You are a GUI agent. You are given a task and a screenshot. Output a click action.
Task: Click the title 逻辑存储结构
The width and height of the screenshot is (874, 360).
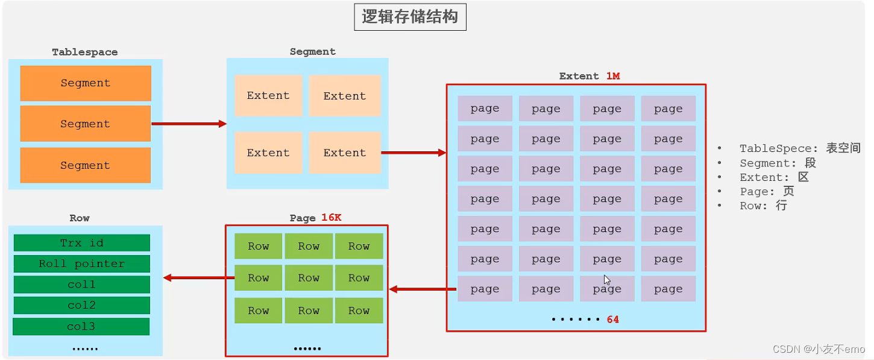[x=409, y=17]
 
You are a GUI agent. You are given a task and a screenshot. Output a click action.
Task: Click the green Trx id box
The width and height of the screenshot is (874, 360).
[x=81, y=243]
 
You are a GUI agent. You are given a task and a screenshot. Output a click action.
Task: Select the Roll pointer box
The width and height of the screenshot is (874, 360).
[x=81, y=264]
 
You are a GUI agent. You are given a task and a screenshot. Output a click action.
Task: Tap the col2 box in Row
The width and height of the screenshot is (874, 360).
[x=81, y=305]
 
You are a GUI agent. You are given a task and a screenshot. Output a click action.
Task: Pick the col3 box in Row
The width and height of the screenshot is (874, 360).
[x=81, y=326]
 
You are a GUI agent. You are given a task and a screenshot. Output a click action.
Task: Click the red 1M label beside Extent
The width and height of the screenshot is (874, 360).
[x=612, y=76]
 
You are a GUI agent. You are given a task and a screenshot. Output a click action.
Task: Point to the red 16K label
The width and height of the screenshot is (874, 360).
[x=331, y=218]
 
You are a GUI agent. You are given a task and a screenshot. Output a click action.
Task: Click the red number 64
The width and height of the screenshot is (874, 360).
[x=612, y=320]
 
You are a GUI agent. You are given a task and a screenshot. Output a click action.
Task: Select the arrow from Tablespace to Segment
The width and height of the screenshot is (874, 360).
[x=188, y=124]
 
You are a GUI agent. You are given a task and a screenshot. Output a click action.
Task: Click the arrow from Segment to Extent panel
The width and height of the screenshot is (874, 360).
[x=413, y=153]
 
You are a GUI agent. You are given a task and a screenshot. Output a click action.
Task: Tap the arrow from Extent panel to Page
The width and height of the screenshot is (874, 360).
[x=422, y=289]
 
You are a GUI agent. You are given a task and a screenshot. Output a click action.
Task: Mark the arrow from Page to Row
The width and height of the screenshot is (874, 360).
[x=198, y=278]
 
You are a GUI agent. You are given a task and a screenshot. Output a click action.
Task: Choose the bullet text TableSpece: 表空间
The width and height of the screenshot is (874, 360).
[x=799, y=148]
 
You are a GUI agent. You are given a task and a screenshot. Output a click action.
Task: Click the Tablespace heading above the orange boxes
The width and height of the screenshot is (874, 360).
[x=84, y=52]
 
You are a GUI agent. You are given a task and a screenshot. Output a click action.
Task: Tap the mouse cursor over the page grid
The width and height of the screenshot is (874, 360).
[x=607, y=280]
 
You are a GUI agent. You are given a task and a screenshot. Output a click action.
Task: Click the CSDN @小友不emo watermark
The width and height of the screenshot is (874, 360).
[x=818, y=349]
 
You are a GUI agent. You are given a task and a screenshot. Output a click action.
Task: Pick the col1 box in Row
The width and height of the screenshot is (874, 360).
[x=81, y=284]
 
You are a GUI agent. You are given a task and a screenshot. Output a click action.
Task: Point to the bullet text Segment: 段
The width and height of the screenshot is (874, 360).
[x=777, y=163]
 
